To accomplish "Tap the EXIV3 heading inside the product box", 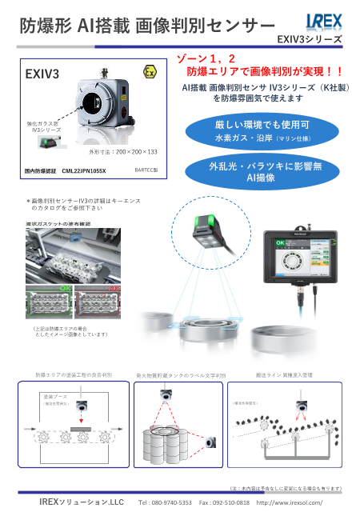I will point(43,75).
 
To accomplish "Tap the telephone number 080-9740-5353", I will point(166,502).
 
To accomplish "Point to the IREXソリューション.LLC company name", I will point(82,502).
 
